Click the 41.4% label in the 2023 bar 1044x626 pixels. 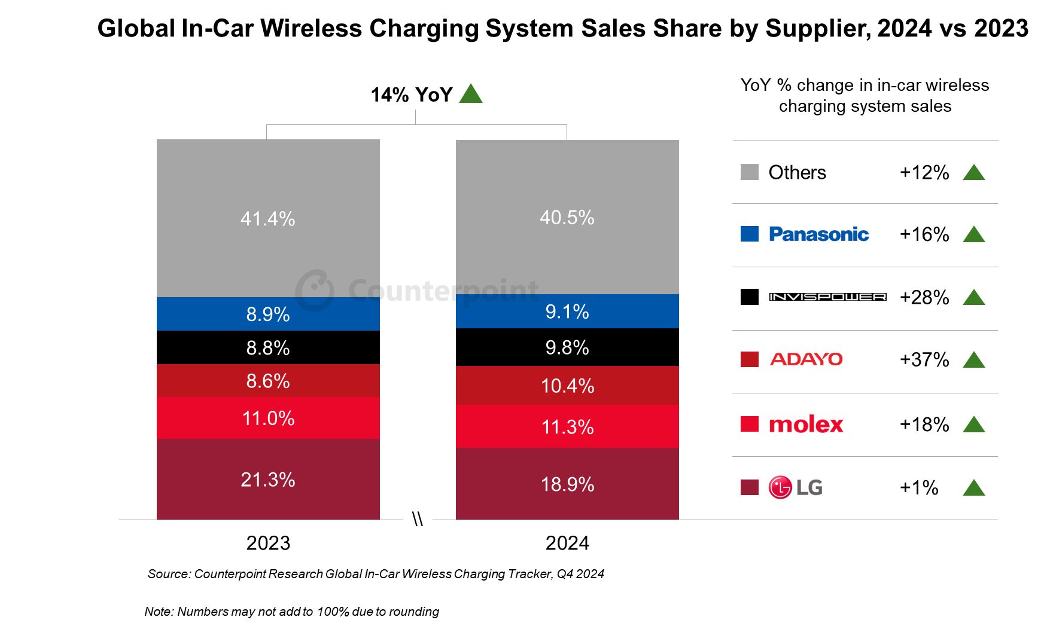[x=267, y=219]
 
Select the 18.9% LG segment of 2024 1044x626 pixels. [x=567, y=484]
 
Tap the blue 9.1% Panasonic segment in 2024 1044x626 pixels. [x=567, y=312]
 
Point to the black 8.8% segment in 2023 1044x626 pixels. [x=268, y=347]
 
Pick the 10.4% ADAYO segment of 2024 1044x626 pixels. [x=567, y=386]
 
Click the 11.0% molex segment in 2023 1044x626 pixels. [x=268, y=418]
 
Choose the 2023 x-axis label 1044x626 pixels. [x=268, y=543]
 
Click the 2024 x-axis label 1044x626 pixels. [x=567, y=543]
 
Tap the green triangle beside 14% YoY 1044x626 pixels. [x=471, y=94]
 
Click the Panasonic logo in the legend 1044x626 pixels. [x=818, y=234]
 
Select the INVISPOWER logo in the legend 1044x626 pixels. [x=827, y=297]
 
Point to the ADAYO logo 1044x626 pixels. [x=806, y=359]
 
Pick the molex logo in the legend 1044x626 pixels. [x=806, y=425]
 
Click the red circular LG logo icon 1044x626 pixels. [x=780, y=487]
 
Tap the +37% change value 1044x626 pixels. [x=924, y=359]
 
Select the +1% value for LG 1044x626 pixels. [x=919, y=487]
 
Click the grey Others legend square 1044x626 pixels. [x=749, y=172]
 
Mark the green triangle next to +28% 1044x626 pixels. [x=974, y=297]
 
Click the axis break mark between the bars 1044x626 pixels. [x=418, y=519]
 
